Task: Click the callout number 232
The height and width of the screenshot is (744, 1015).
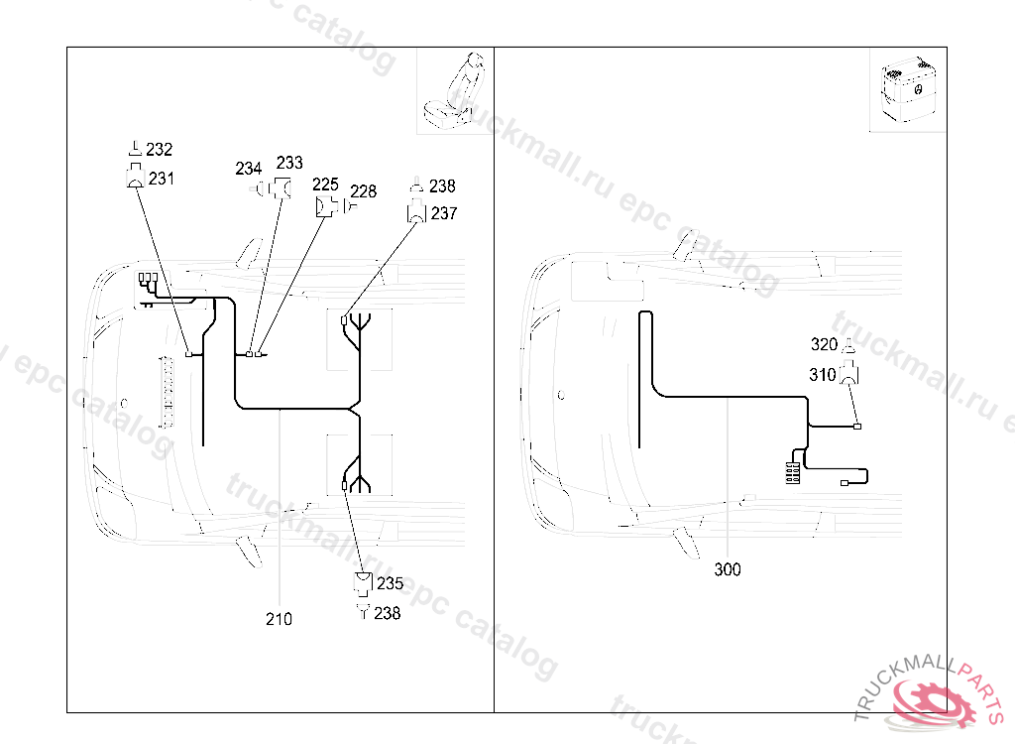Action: [x=160, y=149]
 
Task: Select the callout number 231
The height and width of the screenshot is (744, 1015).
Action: [x=162, y=179]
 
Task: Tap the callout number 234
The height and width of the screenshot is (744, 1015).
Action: [x=249, y=169]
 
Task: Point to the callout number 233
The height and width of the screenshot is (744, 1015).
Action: [x=289, y=162]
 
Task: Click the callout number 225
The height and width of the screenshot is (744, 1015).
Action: [x=325, y=185]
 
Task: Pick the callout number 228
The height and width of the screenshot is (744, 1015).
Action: [x=363, y=191]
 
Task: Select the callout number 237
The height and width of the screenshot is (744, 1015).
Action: [x=444, y=213]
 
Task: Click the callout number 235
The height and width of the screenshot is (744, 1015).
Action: [x=390, y=583]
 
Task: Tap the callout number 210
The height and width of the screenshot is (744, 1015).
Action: [x=279, y=619]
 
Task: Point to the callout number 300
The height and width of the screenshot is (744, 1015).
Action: [x=728, y=569]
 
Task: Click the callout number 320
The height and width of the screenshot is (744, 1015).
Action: [x=824, y=345]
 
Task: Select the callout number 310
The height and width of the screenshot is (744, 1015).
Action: [x=822, y=375]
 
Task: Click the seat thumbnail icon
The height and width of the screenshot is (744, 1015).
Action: [x=452, y=89]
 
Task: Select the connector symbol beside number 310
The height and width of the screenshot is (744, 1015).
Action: [x=849, y=374]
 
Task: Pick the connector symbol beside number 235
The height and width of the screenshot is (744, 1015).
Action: [x=364, y=583]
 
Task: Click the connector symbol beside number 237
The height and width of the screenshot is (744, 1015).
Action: [x=416, y=213]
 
